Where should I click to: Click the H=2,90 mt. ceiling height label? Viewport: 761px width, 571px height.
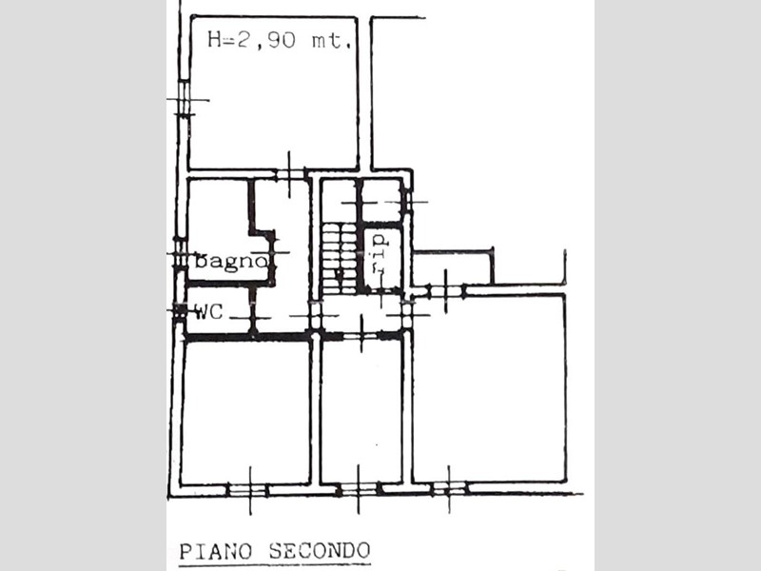coord(279,39)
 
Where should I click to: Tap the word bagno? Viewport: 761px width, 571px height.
coord(231,261)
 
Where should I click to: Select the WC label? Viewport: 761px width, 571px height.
coord(208,311)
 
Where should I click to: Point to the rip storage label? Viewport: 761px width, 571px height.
coord(379,253)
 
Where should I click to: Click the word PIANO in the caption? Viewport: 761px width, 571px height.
coord(216,552)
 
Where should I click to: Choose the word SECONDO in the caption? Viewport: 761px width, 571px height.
coord(320,551)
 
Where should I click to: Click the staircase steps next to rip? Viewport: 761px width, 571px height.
coord(340,258)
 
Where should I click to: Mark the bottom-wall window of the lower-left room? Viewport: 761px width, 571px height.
coord(247,490)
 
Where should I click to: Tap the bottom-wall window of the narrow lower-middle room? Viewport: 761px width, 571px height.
coord(360,489)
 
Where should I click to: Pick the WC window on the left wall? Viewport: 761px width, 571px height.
coord(180,311)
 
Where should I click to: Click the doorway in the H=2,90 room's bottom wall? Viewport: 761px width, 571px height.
coord(290,174)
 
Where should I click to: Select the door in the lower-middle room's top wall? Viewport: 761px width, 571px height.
coord(361,335)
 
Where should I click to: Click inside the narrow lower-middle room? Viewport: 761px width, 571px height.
coord(361,411)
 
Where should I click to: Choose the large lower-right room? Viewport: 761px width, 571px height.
coord(489,388)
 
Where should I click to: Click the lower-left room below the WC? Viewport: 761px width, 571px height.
coord(246,413)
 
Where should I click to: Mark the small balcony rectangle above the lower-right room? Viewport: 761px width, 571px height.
coord(453,268)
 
